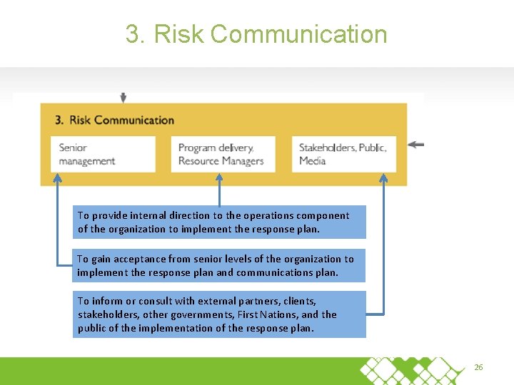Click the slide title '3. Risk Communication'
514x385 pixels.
tap(256, 34)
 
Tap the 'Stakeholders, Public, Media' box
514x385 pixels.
tap(343, 154)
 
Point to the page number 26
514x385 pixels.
tap(478, 367)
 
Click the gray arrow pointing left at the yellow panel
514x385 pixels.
tap(415, 144)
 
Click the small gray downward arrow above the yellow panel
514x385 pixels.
tap(124, 98)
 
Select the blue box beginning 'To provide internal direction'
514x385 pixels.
tap(218, 222)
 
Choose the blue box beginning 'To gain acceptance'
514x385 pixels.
tap(218, 265)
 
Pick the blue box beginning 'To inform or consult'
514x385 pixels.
tap(218, 314)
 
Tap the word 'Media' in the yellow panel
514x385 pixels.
tap(312, 161)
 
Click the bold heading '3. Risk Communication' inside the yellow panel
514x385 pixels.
tap(115, 120)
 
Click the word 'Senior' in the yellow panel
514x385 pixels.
tap(73, 148)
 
